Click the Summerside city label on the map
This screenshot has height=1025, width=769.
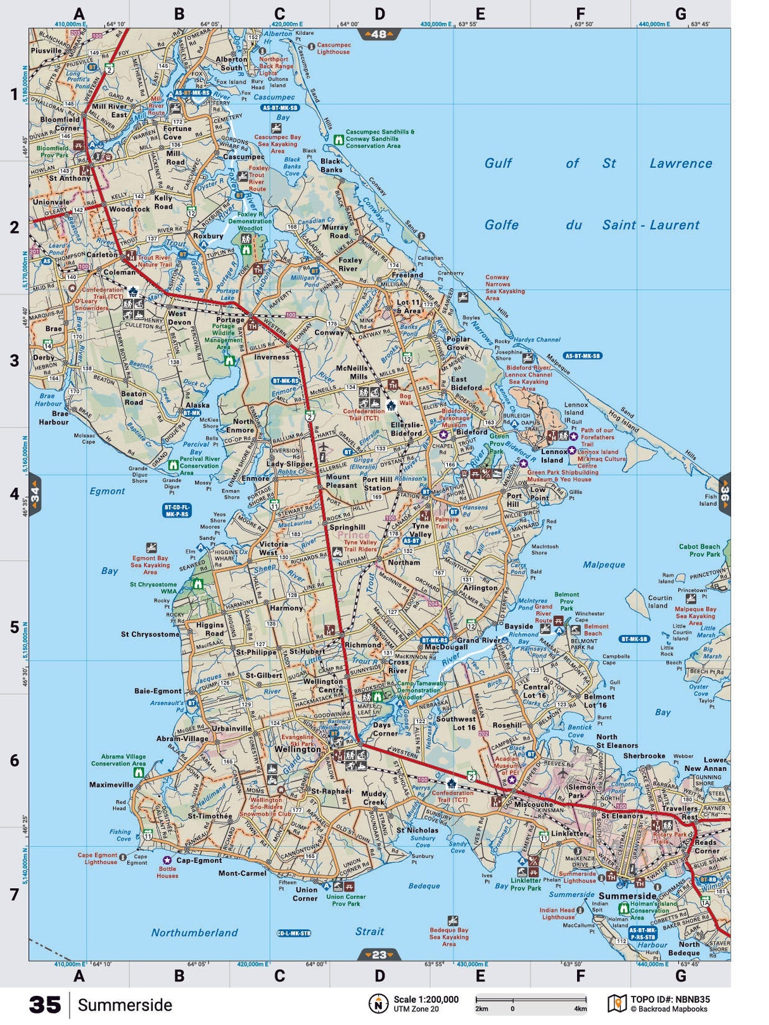627,896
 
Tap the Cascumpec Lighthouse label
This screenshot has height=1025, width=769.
333,49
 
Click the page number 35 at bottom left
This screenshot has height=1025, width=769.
45,1005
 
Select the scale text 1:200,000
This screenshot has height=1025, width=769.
426,1000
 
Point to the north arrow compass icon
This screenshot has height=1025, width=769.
378,1003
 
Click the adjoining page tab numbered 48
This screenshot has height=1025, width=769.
379,34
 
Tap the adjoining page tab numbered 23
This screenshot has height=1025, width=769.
379,954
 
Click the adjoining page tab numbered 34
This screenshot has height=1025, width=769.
35,494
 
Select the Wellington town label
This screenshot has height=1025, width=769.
297,749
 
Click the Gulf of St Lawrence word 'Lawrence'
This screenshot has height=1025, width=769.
680,163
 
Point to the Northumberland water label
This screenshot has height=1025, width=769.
194,933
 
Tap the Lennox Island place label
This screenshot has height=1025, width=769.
554,456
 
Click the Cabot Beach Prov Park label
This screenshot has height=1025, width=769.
699,550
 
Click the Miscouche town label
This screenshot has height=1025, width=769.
533,804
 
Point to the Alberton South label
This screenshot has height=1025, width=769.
231,63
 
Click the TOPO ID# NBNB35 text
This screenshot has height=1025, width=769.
670,1000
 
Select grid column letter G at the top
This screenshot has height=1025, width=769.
680,14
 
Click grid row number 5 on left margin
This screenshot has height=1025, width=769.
14,627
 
